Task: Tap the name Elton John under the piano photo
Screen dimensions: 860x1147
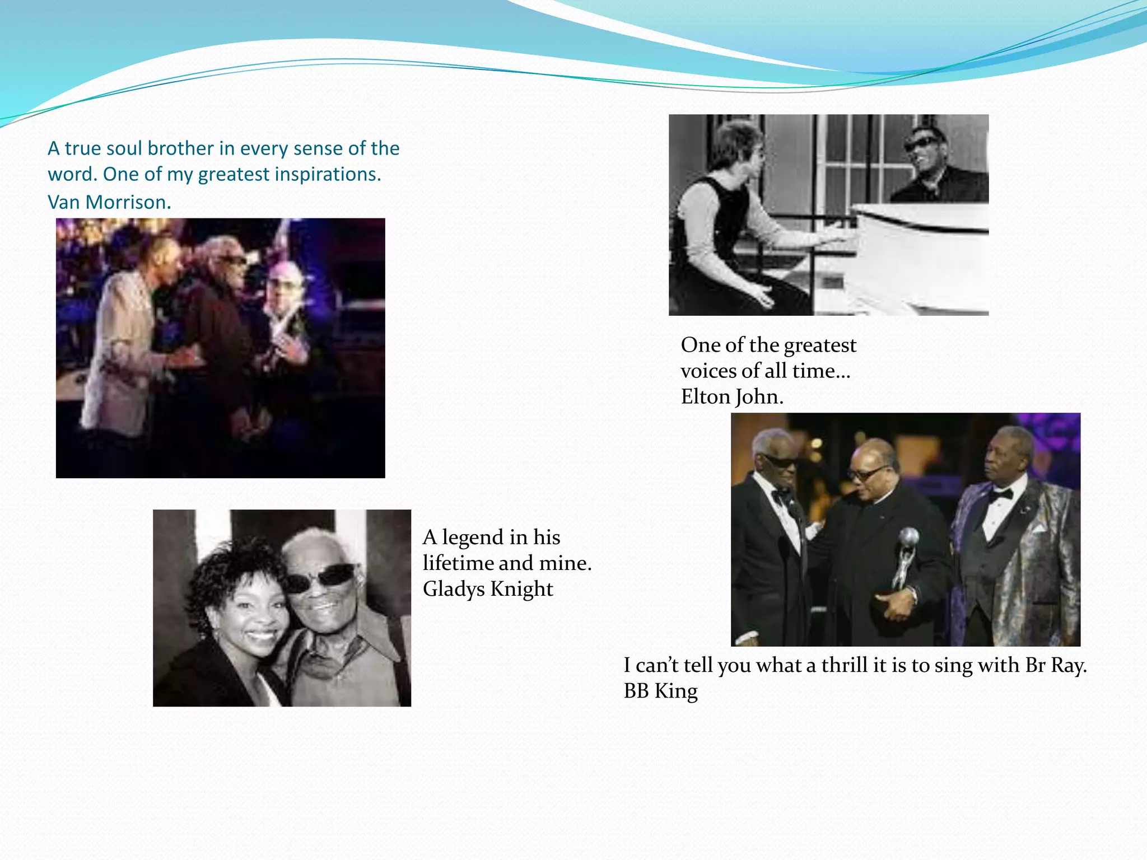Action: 732,397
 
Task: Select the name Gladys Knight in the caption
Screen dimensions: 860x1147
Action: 488,589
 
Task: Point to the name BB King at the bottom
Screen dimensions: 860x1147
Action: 661,691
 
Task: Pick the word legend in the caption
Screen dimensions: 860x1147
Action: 473,537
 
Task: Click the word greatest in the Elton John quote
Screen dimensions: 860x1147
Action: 820,345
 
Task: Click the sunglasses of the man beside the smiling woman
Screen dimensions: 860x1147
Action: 322,577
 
